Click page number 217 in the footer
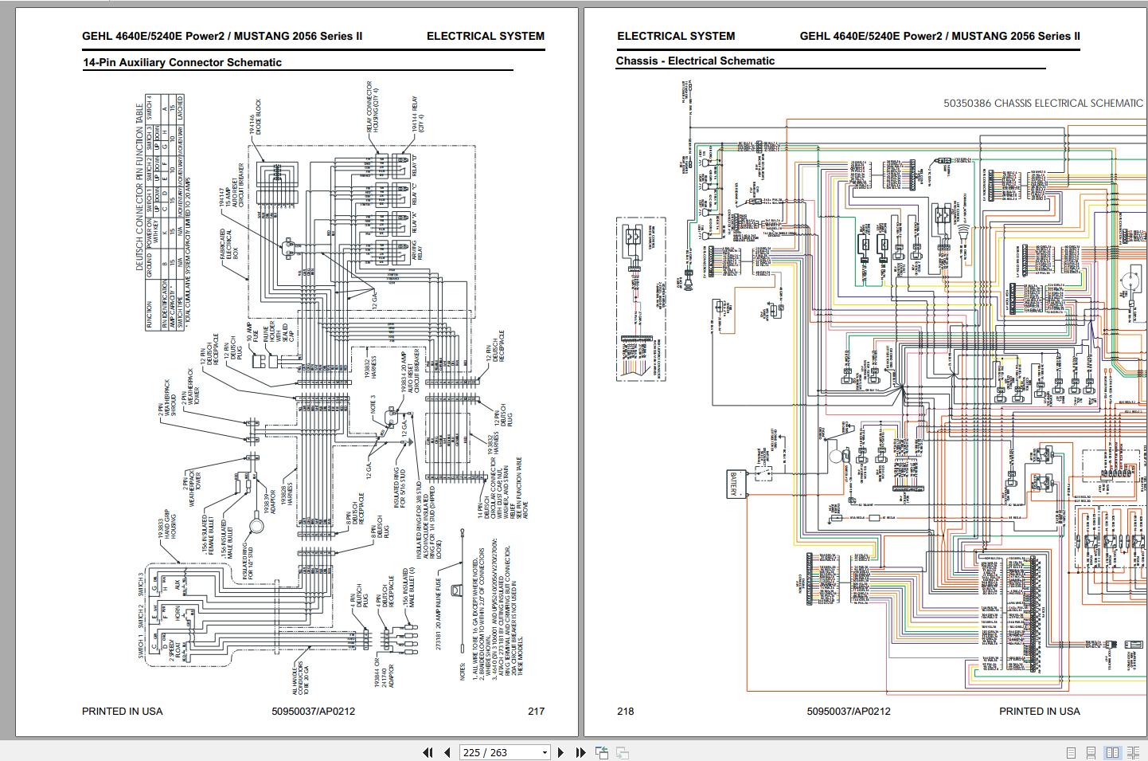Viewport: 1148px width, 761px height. coord(536,711)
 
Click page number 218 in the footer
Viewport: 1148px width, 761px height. coord(626,711)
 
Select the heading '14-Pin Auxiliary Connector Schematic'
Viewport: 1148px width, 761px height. coord(182,62)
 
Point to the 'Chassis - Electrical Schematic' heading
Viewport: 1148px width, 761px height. coord(695,61)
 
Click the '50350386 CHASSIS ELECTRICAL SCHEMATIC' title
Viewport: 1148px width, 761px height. coord(1043,103)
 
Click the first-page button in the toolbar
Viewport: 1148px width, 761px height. coord(428,752)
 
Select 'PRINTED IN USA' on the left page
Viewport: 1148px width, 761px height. coord(122,711)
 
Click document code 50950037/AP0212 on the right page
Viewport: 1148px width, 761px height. coord(849,711)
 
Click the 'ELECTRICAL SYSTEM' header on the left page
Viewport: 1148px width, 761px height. coord(485,36)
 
